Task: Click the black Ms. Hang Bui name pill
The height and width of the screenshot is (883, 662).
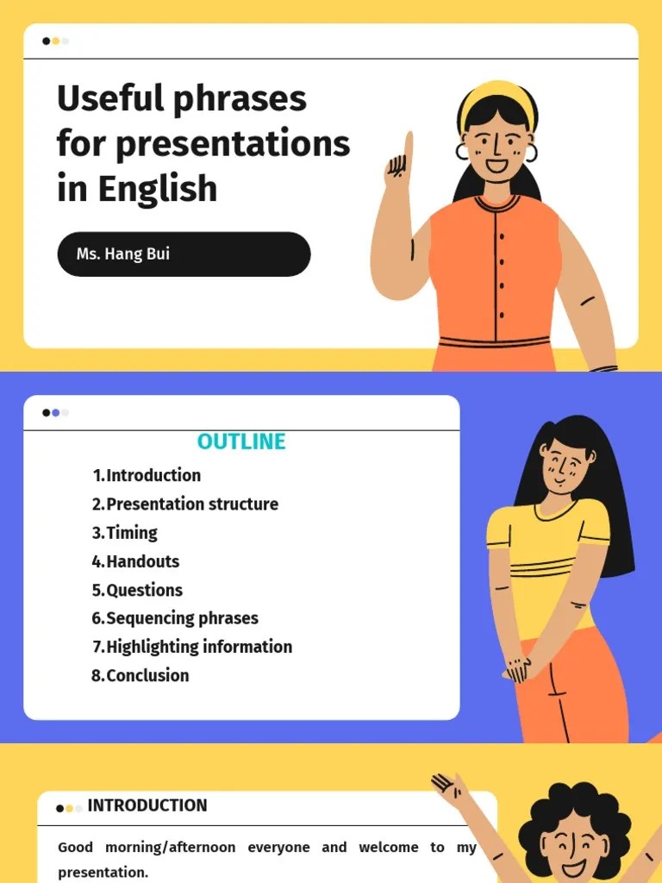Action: [184, 254]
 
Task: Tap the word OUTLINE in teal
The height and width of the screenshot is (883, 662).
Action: [241, 441]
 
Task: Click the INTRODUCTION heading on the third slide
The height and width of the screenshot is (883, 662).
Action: [147, 805]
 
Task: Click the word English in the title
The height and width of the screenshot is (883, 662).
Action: [157, 188]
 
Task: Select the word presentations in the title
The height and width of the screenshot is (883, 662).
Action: [233, 143]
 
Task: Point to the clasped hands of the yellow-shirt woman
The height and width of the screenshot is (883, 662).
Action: [520, 667]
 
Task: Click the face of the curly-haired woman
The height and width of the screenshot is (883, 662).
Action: [572, 841]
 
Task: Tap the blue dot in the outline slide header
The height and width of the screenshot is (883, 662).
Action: [56, 413]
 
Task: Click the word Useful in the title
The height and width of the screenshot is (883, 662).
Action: [110, 98]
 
